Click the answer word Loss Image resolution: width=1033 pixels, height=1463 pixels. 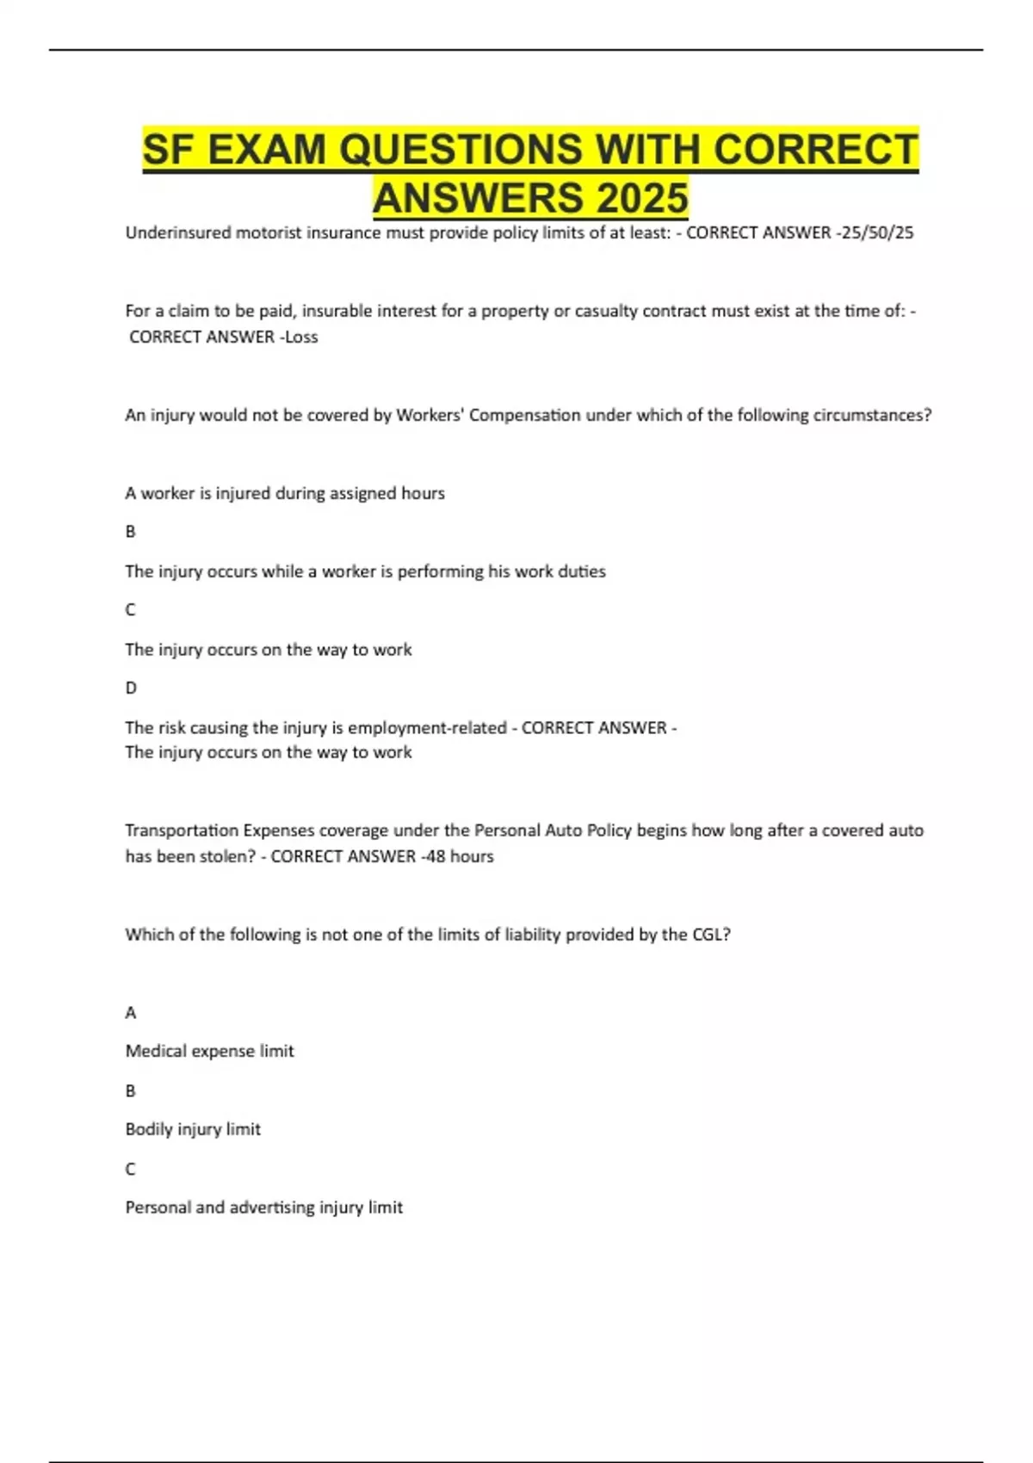click(301, 337)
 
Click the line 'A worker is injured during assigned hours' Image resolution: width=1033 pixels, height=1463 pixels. click(285, 493)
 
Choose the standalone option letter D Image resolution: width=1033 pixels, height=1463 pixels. click(131, 688)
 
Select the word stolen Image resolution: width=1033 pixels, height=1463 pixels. click(226, 856)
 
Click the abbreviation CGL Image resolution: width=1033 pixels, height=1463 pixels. click(708, 935)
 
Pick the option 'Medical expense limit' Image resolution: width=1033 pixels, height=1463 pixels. click(209, 1051)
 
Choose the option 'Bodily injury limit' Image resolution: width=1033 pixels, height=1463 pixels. click(193, 1129)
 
